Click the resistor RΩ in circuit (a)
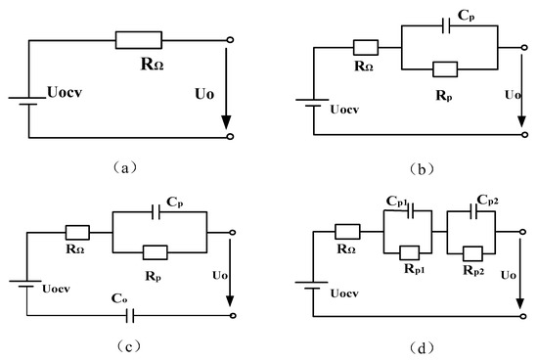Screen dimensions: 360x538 (x=143, y=40)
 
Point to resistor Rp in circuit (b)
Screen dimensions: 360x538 (x=445, y=67)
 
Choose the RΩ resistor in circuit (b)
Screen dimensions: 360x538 (x=365, y=47)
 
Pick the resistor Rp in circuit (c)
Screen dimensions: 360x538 (x=157, y=251)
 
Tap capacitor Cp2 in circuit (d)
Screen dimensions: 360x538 (x=471, y=209)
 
